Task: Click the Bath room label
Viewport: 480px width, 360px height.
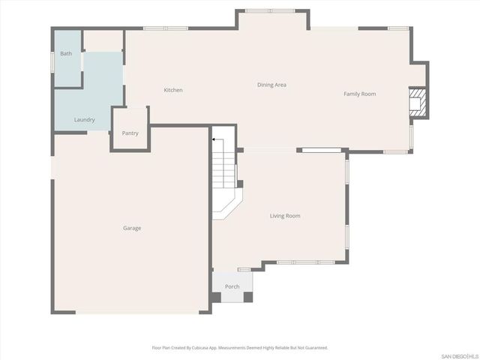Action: [67, 53]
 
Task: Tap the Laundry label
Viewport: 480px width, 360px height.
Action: [84, 119]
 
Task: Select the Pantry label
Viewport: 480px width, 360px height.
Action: [130, 133]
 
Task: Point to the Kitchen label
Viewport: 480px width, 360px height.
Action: [173, 90]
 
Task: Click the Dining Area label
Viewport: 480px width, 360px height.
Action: [271, 85]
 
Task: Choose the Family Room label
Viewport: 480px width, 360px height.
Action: [359, 94]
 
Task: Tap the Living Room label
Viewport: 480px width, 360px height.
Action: [285, 216]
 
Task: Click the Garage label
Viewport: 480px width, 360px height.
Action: [132, 228]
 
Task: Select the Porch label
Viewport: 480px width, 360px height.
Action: [232, 286]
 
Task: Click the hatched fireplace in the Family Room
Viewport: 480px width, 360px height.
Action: [418, 104]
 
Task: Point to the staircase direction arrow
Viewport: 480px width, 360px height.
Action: [215, 139]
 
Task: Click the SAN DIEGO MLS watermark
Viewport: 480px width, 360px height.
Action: [457, 355]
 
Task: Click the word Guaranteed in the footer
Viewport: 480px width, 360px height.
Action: [313, 348]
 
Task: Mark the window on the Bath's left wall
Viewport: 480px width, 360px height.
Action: [52, 60]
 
